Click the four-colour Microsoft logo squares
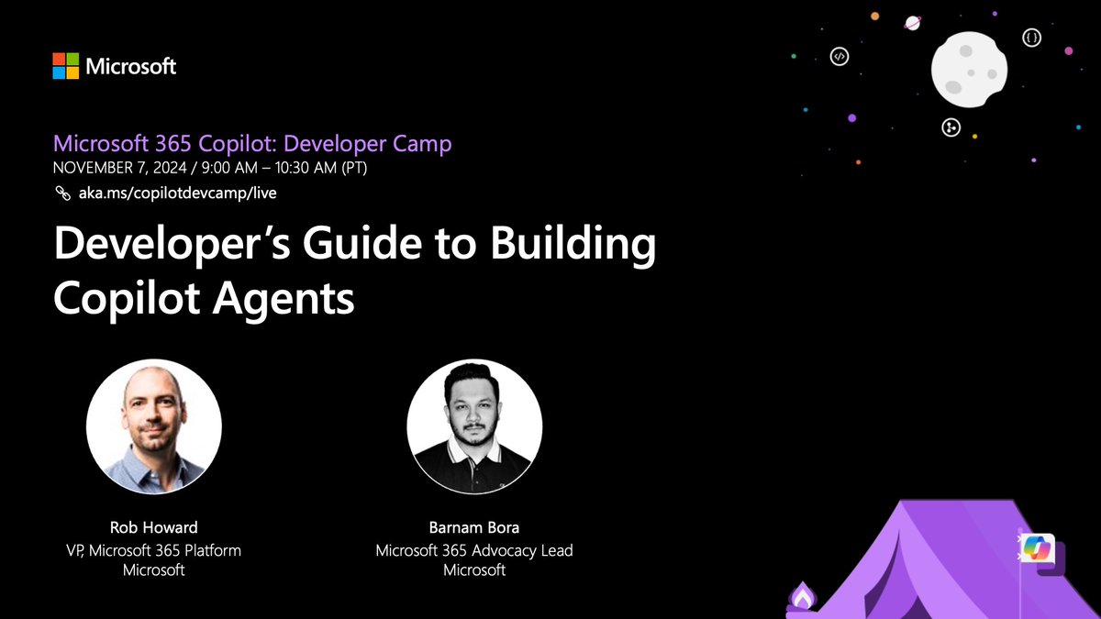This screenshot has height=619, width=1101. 65,65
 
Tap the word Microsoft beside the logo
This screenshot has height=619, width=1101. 130,66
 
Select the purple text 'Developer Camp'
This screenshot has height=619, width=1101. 377,144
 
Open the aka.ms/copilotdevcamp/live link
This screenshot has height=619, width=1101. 175,193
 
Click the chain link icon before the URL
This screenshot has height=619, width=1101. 62,193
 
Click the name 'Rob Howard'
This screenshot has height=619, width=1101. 153,527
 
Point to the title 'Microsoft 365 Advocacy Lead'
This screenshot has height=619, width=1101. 474,550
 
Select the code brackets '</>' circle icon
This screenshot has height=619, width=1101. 838,56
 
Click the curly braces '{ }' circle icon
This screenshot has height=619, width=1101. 1033,39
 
